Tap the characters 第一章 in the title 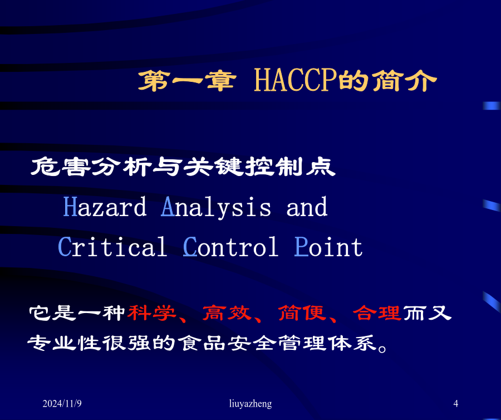[187, 81]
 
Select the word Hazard [105, 207]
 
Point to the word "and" [307, 207]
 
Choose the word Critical [112, 247]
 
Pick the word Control [230, 247]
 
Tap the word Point [328, 247]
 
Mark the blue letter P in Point [301, 246]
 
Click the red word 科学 [152, 313]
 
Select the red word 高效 [227, 313]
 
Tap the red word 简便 [302, 313]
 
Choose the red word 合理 [377, 313]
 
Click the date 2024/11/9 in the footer [62, 403]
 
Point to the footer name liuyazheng [250, 404]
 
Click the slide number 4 [455, 403]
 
